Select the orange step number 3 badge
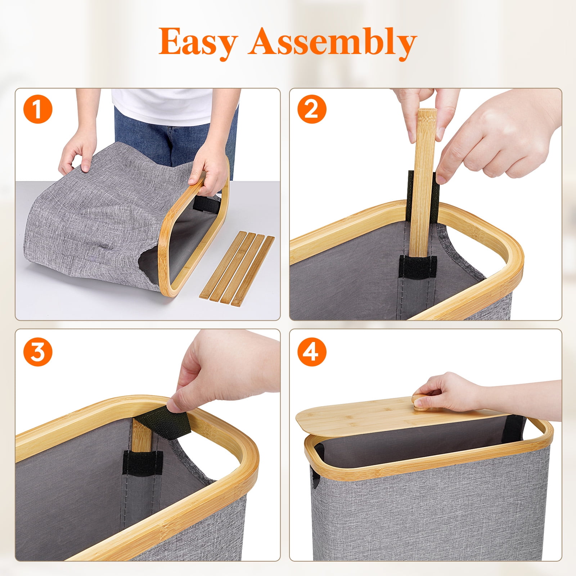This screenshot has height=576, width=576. pos(38,351)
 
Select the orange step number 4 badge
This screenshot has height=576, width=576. pos(312,351)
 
